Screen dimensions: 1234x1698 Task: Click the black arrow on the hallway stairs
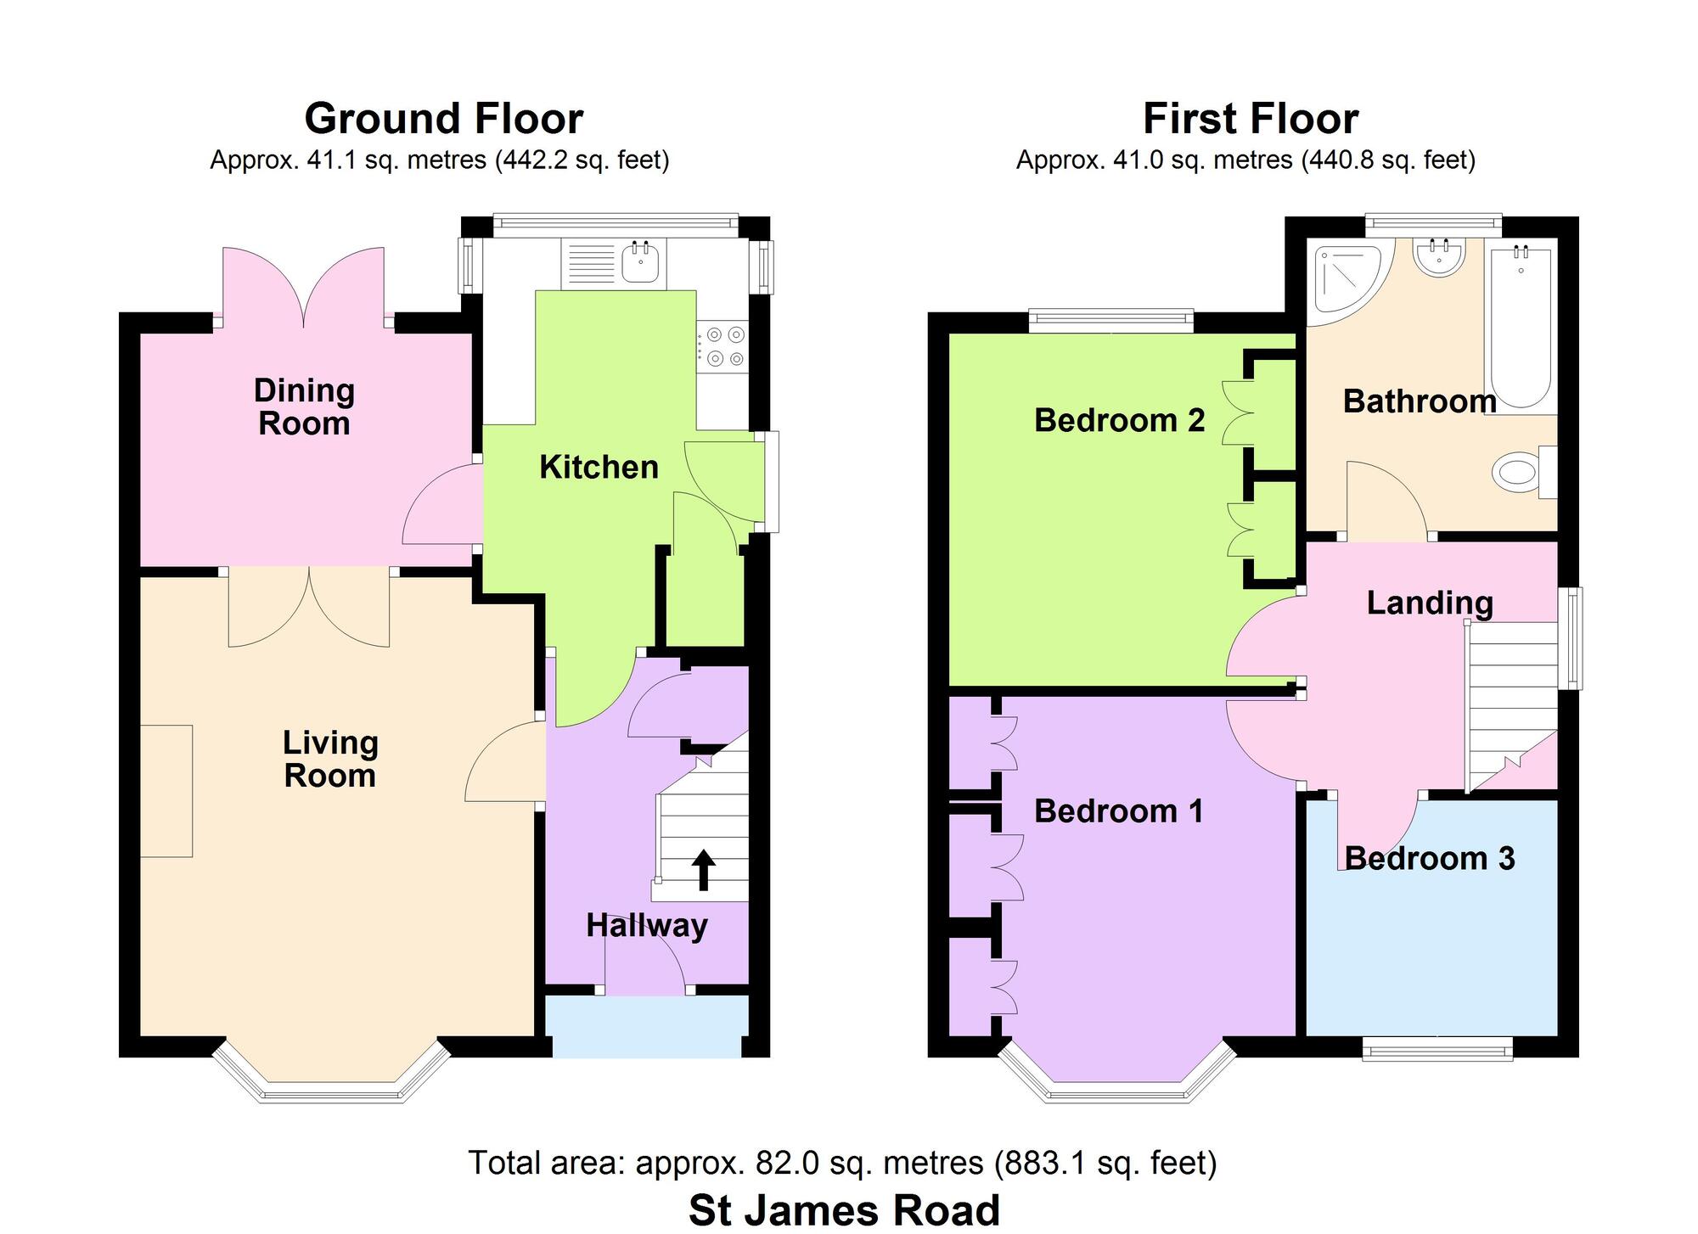coord(704,871)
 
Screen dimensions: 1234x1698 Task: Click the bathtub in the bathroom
coord(1520,327)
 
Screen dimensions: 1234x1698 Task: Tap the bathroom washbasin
coord(1438,256)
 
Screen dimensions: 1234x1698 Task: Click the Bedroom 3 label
coord(1430,858)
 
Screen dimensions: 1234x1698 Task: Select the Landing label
coord(1430,603)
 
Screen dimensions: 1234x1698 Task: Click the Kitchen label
coord(599,467)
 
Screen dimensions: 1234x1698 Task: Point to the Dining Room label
coord(304,407)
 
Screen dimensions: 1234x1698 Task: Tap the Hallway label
coord(647,925)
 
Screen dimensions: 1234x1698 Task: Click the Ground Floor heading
coord(443,119)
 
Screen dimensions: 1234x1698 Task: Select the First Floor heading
coord(1251,119)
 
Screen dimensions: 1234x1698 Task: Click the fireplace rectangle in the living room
coord(166,791)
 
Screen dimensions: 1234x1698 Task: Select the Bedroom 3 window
coord(1437,1050)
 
